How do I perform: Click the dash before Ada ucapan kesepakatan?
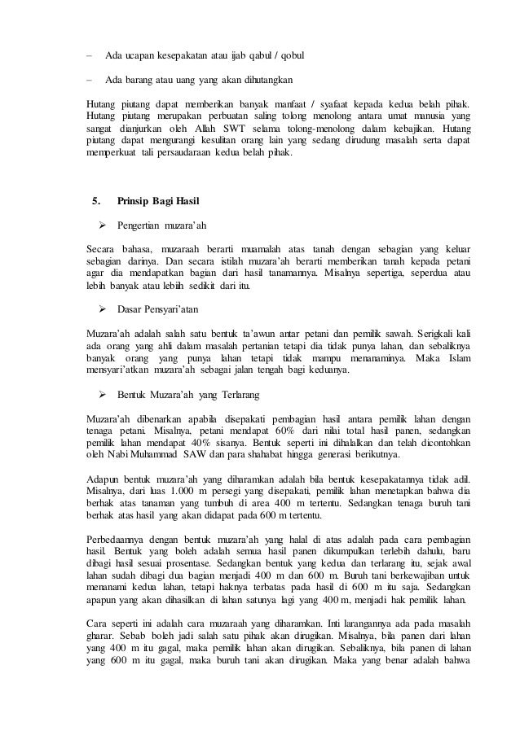(x=90, y=55)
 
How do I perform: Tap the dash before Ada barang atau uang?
(x=90, y=80)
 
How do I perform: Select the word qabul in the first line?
(x=262, y=55)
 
